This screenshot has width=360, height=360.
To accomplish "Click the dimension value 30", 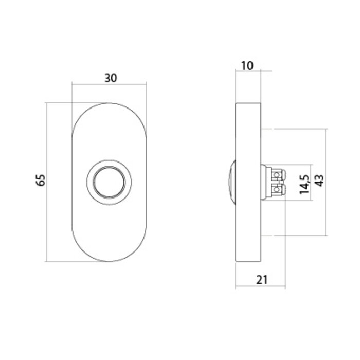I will (110, 78).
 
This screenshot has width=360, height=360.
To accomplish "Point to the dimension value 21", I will (261, 280).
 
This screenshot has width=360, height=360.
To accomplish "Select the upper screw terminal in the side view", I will (278, 174).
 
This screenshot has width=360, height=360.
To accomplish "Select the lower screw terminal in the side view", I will (278, 191).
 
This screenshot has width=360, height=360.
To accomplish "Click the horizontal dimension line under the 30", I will (110, 84).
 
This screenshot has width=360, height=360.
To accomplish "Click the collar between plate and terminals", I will (265, 182).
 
